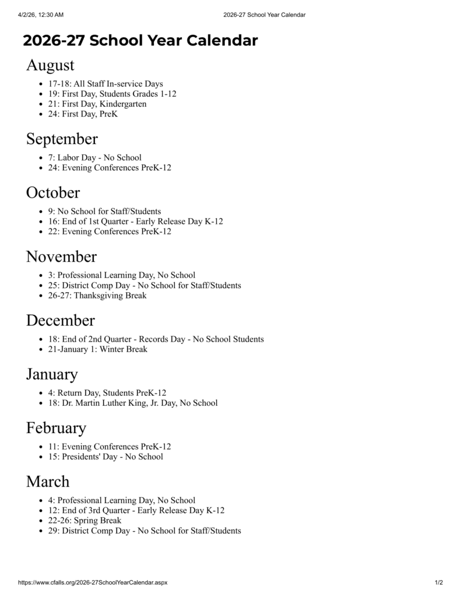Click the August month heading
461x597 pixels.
tap(50, 65)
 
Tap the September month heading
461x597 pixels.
tap(62, 139)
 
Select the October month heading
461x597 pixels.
tap(53, 192)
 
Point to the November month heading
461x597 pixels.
tap(61, 257)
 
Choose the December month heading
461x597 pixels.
tap(60, 321)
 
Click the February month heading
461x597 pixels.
tap(56, 428)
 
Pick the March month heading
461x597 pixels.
tap(48, 482)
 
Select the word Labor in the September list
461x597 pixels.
tap(68, 157)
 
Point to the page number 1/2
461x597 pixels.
tap(438, 582)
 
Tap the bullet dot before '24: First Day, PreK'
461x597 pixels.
tap(41, 114)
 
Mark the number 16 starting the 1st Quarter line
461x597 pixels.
tap(52, 222)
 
